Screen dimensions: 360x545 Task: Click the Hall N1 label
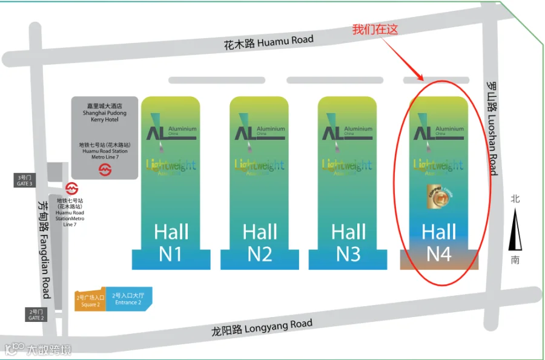tap(171, 242)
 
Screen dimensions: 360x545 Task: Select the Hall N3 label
tap(348, 242)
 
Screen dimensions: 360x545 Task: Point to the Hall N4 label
tap(438, 242)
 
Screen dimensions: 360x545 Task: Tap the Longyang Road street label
tap(262, 327)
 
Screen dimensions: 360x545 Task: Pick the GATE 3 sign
tap(24, 180)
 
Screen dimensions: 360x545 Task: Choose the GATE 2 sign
tap(36, 315)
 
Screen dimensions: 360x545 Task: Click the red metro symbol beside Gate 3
tap(71, 188)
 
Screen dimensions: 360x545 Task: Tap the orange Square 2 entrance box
tap(90, 300)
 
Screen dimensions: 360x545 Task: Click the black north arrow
tap(515, 229)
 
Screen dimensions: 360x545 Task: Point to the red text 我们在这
tap(375, 29)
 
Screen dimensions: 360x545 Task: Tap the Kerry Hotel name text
tap(104, 113)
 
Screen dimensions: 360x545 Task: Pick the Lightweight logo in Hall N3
tap(348, 165)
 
